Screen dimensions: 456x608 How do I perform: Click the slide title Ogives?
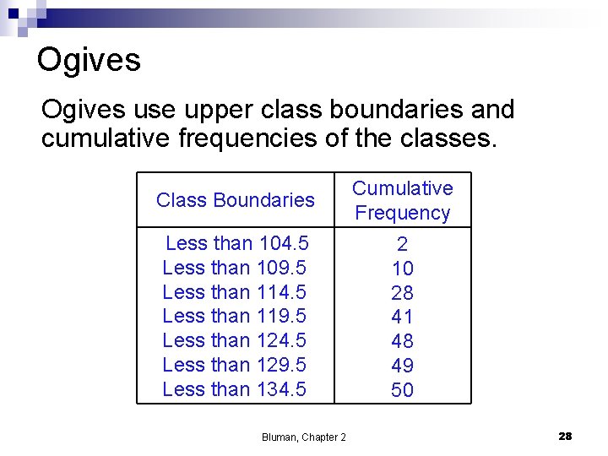(89, 61)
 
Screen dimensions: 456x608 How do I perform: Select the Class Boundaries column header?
(235, 200)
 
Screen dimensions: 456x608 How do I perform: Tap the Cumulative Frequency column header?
(402, 200)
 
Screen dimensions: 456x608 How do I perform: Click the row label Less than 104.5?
(236, 243)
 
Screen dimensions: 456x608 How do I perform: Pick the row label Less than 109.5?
(234, 268)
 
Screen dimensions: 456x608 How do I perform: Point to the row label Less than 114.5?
(234, 292)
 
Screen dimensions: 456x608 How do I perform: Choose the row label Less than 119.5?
(234, 316)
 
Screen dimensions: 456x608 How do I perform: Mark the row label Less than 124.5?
(234, 340)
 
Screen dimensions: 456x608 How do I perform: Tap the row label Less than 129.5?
(234, 365)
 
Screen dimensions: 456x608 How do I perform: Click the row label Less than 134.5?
(234, 389)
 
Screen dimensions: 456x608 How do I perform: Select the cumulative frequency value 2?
(402, 245)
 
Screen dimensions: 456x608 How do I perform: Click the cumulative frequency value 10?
(402, 269)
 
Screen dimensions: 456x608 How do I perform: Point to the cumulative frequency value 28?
(402, 293)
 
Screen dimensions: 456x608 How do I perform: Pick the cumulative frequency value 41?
(402, 318)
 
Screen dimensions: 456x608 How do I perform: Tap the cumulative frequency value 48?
(402, 341)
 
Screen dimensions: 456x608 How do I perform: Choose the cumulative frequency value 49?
(402, 366)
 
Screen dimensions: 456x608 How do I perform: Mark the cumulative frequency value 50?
(402, 390)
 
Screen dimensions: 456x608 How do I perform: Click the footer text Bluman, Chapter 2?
(303, 437)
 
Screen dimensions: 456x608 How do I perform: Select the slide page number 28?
(565, 436)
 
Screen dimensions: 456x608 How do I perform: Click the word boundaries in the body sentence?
(386, 110)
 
